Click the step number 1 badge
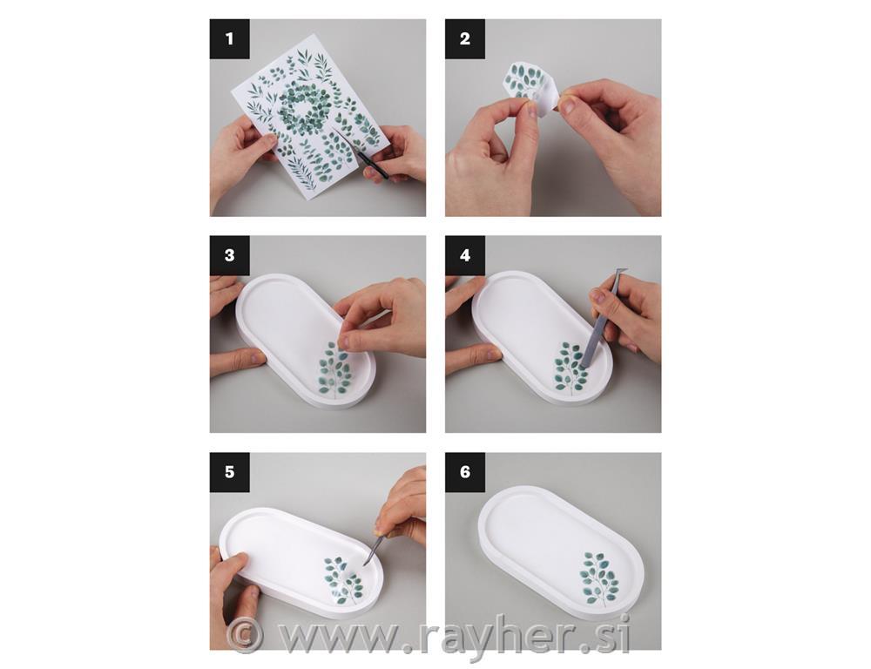point(229,39)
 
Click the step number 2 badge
point(465,39)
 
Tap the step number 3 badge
point(229,255)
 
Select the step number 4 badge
point(465,255)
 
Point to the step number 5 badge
point(229,472)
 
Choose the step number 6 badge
point(465,472)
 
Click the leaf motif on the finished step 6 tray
point(600,578)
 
